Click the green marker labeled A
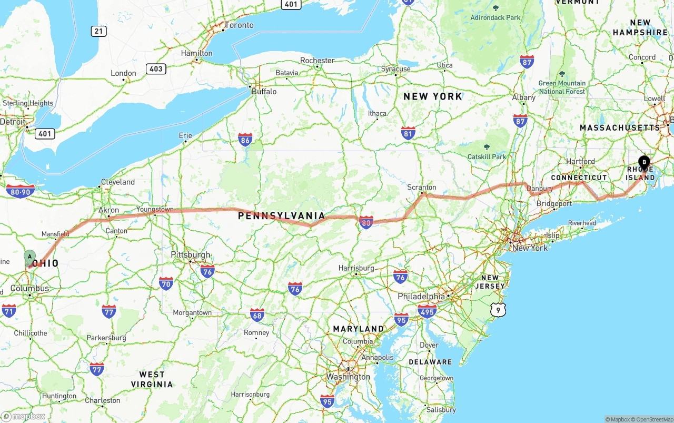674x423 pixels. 30,257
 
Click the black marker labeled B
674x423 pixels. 643,163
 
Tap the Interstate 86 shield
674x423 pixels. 245,139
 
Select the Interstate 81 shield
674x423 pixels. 408,133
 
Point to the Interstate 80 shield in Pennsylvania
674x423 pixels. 366,222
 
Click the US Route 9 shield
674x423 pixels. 498,310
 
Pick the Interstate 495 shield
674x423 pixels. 427,311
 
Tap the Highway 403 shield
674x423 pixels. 156,68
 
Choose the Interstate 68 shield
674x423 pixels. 257,315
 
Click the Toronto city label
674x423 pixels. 239,25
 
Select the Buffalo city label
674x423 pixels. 264,91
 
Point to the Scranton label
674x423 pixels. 422,187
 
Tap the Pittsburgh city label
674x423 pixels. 191,255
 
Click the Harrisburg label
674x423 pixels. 356,268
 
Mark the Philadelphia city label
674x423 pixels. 422,297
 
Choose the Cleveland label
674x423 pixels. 118,182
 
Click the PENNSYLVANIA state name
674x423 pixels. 281,215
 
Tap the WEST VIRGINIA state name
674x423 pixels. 152,379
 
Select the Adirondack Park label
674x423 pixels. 495,17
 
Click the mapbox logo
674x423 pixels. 24,416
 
